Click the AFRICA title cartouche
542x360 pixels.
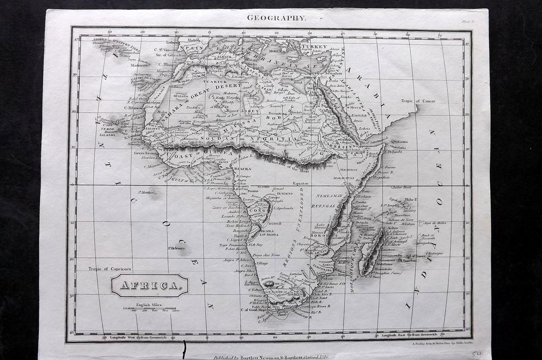pyautogui.click(x=150, y=286)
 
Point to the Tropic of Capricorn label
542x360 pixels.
pyautogui.click(x=110, y=269)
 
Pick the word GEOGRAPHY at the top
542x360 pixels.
pyautogui.click(x=276, y=18)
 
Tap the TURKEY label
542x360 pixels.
pyautogui.click(x=314, y=47)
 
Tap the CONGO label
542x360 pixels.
pyautogui.click(x=258, y=210)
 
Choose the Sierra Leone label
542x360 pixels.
pyautogui.click(x=144, y=153)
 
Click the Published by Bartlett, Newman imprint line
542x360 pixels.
pyautogui.click(x=271, y=356)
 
